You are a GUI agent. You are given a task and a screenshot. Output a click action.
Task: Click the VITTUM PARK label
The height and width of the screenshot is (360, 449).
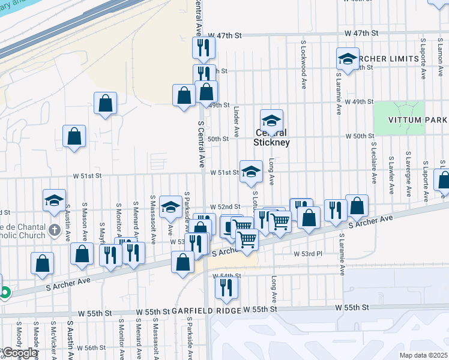coord(418,119)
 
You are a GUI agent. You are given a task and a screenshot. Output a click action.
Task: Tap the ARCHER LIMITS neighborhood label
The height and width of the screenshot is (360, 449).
coord(386,59)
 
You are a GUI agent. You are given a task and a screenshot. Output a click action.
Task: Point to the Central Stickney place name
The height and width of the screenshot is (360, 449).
coord(271,137)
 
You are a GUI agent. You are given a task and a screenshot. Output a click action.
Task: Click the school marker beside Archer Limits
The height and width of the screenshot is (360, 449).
coord(348,59)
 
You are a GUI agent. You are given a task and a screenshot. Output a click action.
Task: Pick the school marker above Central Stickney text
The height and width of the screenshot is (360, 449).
coord(271,121)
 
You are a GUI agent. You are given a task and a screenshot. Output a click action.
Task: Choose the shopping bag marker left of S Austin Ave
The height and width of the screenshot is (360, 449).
coord(43,263)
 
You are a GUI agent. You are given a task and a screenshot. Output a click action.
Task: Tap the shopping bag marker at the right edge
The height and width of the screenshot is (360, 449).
coord(444,181)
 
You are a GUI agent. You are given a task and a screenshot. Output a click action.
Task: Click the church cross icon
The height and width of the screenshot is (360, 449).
coord(54,229)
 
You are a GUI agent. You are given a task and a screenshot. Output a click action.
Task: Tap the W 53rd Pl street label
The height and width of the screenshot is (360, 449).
coord(308,254)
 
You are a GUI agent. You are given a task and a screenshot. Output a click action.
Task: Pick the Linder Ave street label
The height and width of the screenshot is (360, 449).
coord(237,120)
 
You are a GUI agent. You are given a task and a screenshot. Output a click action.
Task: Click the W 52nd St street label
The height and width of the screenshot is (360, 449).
coord(225,207)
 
